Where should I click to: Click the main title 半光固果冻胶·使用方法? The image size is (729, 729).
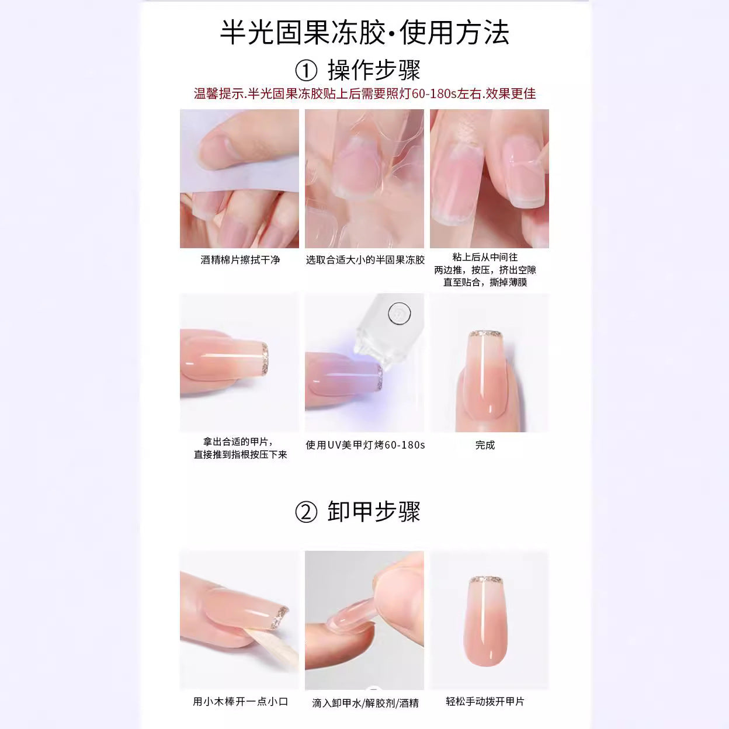point(364,33)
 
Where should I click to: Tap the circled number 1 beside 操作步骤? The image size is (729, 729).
point(306,71)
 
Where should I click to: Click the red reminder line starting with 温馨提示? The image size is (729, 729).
point(364,93)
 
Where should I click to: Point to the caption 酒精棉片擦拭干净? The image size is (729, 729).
point(240,260)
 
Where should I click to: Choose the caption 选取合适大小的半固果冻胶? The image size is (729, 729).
point(365,260)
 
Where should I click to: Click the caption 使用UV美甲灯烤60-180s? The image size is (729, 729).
point(365,445)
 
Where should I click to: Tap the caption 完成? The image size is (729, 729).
point(485,445)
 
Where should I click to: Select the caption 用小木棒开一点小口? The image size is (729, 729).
point(240,702)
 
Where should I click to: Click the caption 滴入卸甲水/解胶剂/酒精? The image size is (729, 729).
point(365,703)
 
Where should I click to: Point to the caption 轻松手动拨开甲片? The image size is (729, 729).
point(485,702)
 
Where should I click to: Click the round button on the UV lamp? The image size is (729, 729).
point(400,314)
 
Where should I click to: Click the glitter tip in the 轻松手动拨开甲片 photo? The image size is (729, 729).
point(487,580)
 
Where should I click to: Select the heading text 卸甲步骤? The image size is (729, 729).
point(374,512)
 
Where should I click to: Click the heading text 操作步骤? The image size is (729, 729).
point(374,70)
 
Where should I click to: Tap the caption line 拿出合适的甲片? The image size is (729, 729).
point(238,442)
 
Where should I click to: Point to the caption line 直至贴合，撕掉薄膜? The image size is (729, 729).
point(485,282)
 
